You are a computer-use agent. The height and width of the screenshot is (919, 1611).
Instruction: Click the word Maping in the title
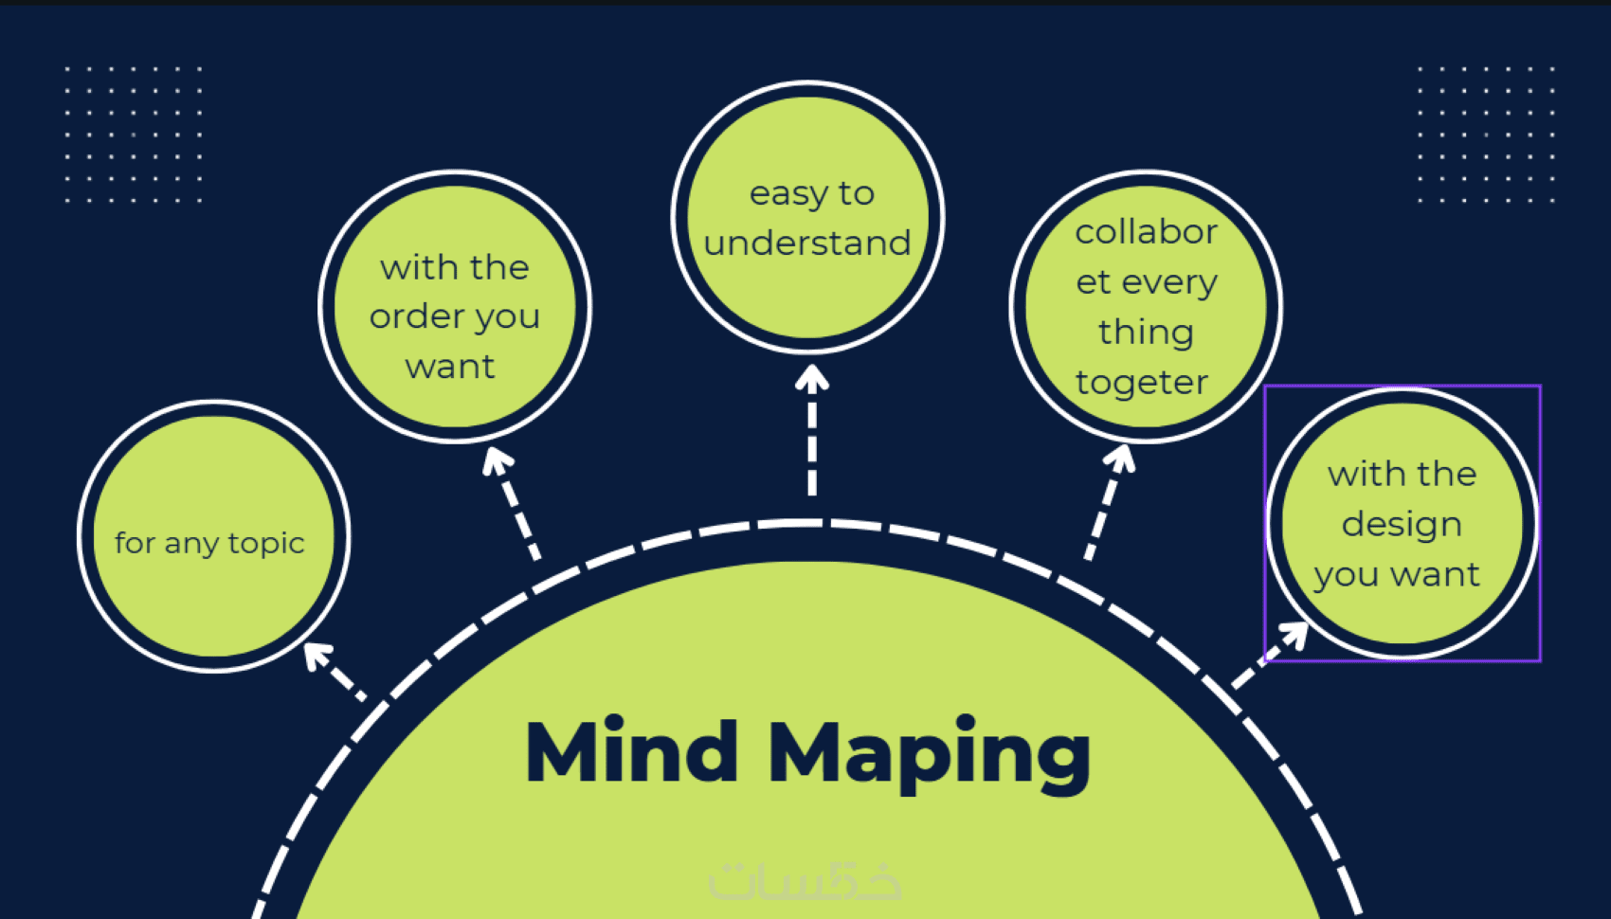(x=929, y=755)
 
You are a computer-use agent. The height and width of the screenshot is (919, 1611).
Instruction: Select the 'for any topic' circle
(x=214, y=536)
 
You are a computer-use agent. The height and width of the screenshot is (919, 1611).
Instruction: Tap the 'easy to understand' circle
(x=807, y=217)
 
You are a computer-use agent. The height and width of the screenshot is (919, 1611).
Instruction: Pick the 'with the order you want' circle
(x=455, y=306)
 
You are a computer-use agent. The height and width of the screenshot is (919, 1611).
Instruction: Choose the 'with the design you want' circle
(x=1403, y=523)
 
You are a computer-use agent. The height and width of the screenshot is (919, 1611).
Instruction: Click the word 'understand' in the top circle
(x=807, y=243)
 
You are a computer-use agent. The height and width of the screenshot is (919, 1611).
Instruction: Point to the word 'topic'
(x=266, y=544)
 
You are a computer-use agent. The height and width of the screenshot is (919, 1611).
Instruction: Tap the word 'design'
(x=1402, y=525)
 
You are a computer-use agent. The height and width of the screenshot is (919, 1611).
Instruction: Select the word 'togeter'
(x=1142, y=383)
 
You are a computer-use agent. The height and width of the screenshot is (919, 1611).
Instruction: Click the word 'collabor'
(x=1147, y=232)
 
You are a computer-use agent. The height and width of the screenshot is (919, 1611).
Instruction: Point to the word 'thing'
(x=1146, y=333)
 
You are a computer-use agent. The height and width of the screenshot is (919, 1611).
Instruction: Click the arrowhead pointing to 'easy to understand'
(x=812, y=378)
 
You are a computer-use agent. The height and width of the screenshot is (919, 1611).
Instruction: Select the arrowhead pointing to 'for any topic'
(x=316, y=654)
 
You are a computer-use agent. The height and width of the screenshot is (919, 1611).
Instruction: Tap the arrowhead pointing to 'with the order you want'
(x=497, y=460)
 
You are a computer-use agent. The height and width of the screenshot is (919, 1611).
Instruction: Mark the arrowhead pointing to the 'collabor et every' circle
(x=1122, y=459)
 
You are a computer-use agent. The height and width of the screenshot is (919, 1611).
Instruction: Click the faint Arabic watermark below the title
(x=805, y=880)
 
